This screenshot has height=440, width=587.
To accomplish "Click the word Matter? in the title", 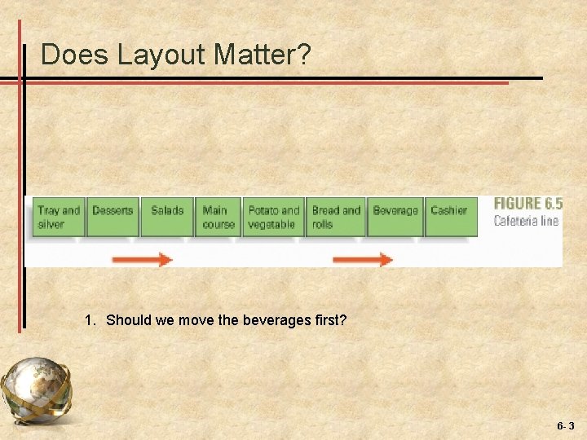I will point(263,55).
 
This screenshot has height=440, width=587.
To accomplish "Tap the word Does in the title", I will point(75,55).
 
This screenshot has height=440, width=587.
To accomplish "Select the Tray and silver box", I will point(59,217).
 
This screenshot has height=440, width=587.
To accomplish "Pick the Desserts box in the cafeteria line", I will point(113,217).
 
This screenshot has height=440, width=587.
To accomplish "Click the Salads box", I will point(167,217).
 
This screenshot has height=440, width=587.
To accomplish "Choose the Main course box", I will point(218,217).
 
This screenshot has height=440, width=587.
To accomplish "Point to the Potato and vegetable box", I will point(273,217).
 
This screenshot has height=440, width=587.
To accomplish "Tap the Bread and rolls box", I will point(335,217).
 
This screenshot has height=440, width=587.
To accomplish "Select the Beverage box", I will point(395,217).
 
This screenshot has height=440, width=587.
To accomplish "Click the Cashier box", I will point(450,217).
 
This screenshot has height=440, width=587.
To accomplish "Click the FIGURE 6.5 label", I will point(527,204).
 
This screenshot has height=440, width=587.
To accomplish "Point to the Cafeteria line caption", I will point(526,221).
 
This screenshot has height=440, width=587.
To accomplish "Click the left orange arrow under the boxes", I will point(142,260).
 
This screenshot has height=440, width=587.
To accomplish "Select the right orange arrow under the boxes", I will point(363,260).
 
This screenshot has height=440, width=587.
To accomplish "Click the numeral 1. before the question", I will point(90,320).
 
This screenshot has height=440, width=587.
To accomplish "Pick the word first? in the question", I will point(330,320).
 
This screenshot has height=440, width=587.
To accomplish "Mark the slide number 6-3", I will point(566,426).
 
